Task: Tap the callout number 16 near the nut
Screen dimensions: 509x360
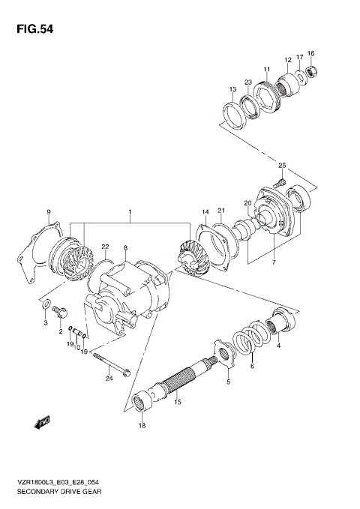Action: tap(311, 53)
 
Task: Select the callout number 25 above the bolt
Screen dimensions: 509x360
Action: tap(283, 165)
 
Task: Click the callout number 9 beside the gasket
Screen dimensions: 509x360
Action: tap(49, 213)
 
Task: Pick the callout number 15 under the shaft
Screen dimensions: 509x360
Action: tap(178, 403)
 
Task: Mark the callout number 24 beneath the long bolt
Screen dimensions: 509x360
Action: tap(108, 379)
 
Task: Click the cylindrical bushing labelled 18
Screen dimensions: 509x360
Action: tap(142, 403)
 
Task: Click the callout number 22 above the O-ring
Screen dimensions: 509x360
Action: tap(106, 247)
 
